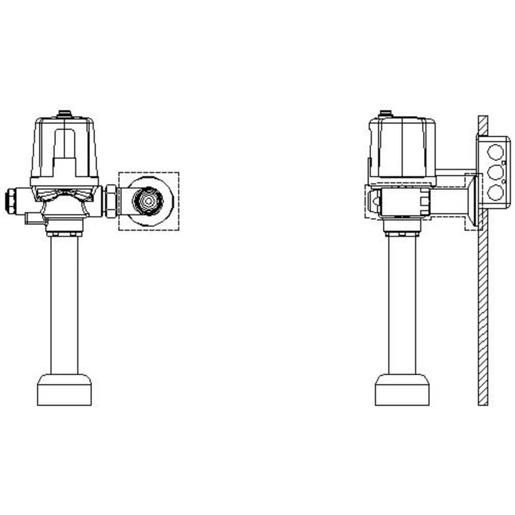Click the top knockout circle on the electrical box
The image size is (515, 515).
tap(496, 153)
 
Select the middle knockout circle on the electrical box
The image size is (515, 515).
tap(496, 172)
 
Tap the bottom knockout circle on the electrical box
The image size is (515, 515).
tap(496, 192)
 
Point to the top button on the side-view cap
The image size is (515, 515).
tap(386, 113)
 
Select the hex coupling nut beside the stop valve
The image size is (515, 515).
tap(110, 200)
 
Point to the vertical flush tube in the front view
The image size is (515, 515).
tap(64, 303)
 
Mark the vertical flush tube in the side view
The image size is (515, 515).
tap(402, 303)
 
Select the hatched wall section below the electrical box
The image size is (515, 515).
tap(484, 315)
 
